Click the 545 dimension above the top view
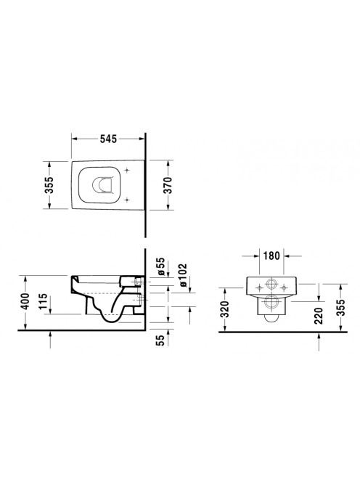tap(109, 139)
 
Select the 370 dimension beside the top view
tap(168, 185)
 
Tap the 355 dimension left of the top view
tap(49, 185)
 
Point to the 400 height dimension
tap(25, 301)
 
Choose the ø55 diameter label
tap(161, 266)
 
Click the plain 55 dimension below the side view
tap(161, 340)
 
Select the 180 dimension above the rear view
tap(271, 256)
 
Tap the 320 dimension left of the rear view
tap(225, 309)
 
